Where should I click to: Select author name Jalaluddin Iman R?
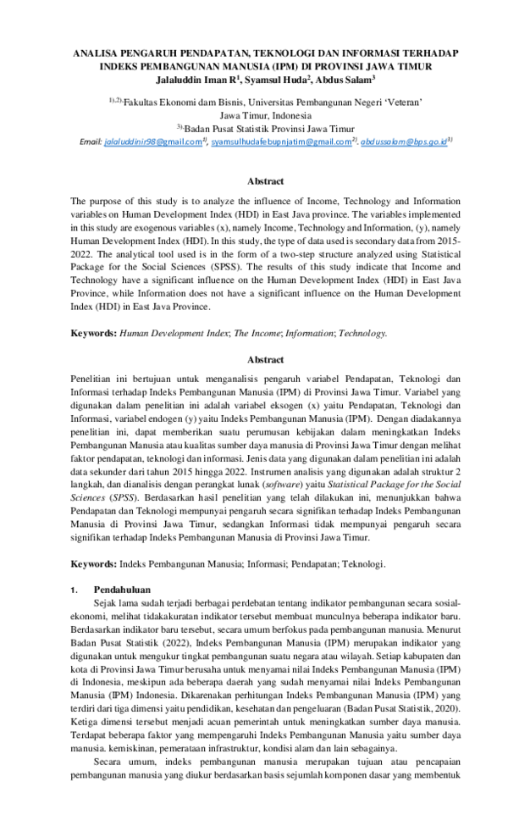(x=199, y=80)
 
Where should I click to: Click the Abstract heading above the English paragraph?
(x=265, y=181)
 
